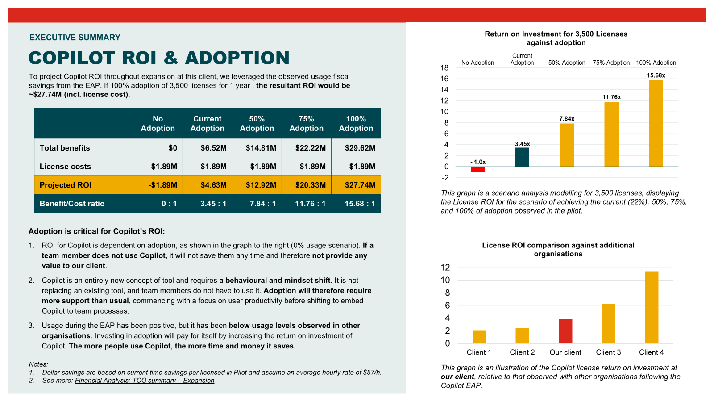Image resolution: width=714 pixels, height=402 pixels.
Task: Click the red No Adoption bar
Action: tap(477, 169)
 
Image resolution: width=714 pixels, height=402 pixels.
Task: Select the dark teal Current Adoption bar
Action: tap(522, 157)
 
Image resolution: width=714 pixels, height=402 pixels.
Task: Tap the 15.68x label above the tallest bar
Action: tap(656, 75)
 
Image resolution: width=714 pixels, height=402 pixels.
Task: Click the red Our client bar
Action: tap(565, 331)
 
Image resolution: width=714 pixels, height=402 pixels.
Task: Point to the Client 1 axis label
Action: tap(479, 352)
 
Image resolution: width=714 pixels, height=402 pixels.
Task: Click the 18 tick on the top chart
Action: tap(444, 68)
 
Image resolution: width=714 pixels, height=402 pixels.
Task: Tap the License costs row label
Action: tap(65, 167)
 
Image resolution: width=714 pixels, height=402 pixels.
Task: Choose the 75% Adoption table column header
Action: tap(306, 123)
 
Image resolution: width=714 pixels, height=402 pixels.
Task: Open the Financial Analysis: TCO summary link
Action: tap(145, 381)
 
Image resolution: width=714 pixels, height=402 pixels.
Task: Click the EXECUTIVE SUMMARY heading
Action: tap(75, 38)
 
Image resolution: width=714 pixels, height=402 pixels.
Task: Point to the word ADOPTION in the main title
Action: tap(237, 58)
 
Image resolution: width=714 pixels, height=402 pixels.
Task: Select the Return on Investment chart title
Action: tap(556, 38)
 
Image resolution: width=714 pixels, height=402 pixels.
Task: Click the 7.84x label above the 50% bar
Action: tap(567, 119)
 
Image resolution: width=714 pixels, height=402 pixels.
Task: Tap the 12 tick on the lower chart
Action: tap(445, 268)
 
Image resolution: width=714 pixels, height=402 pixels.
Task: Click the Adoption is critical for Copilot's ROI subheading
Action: tap(96, 231)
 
